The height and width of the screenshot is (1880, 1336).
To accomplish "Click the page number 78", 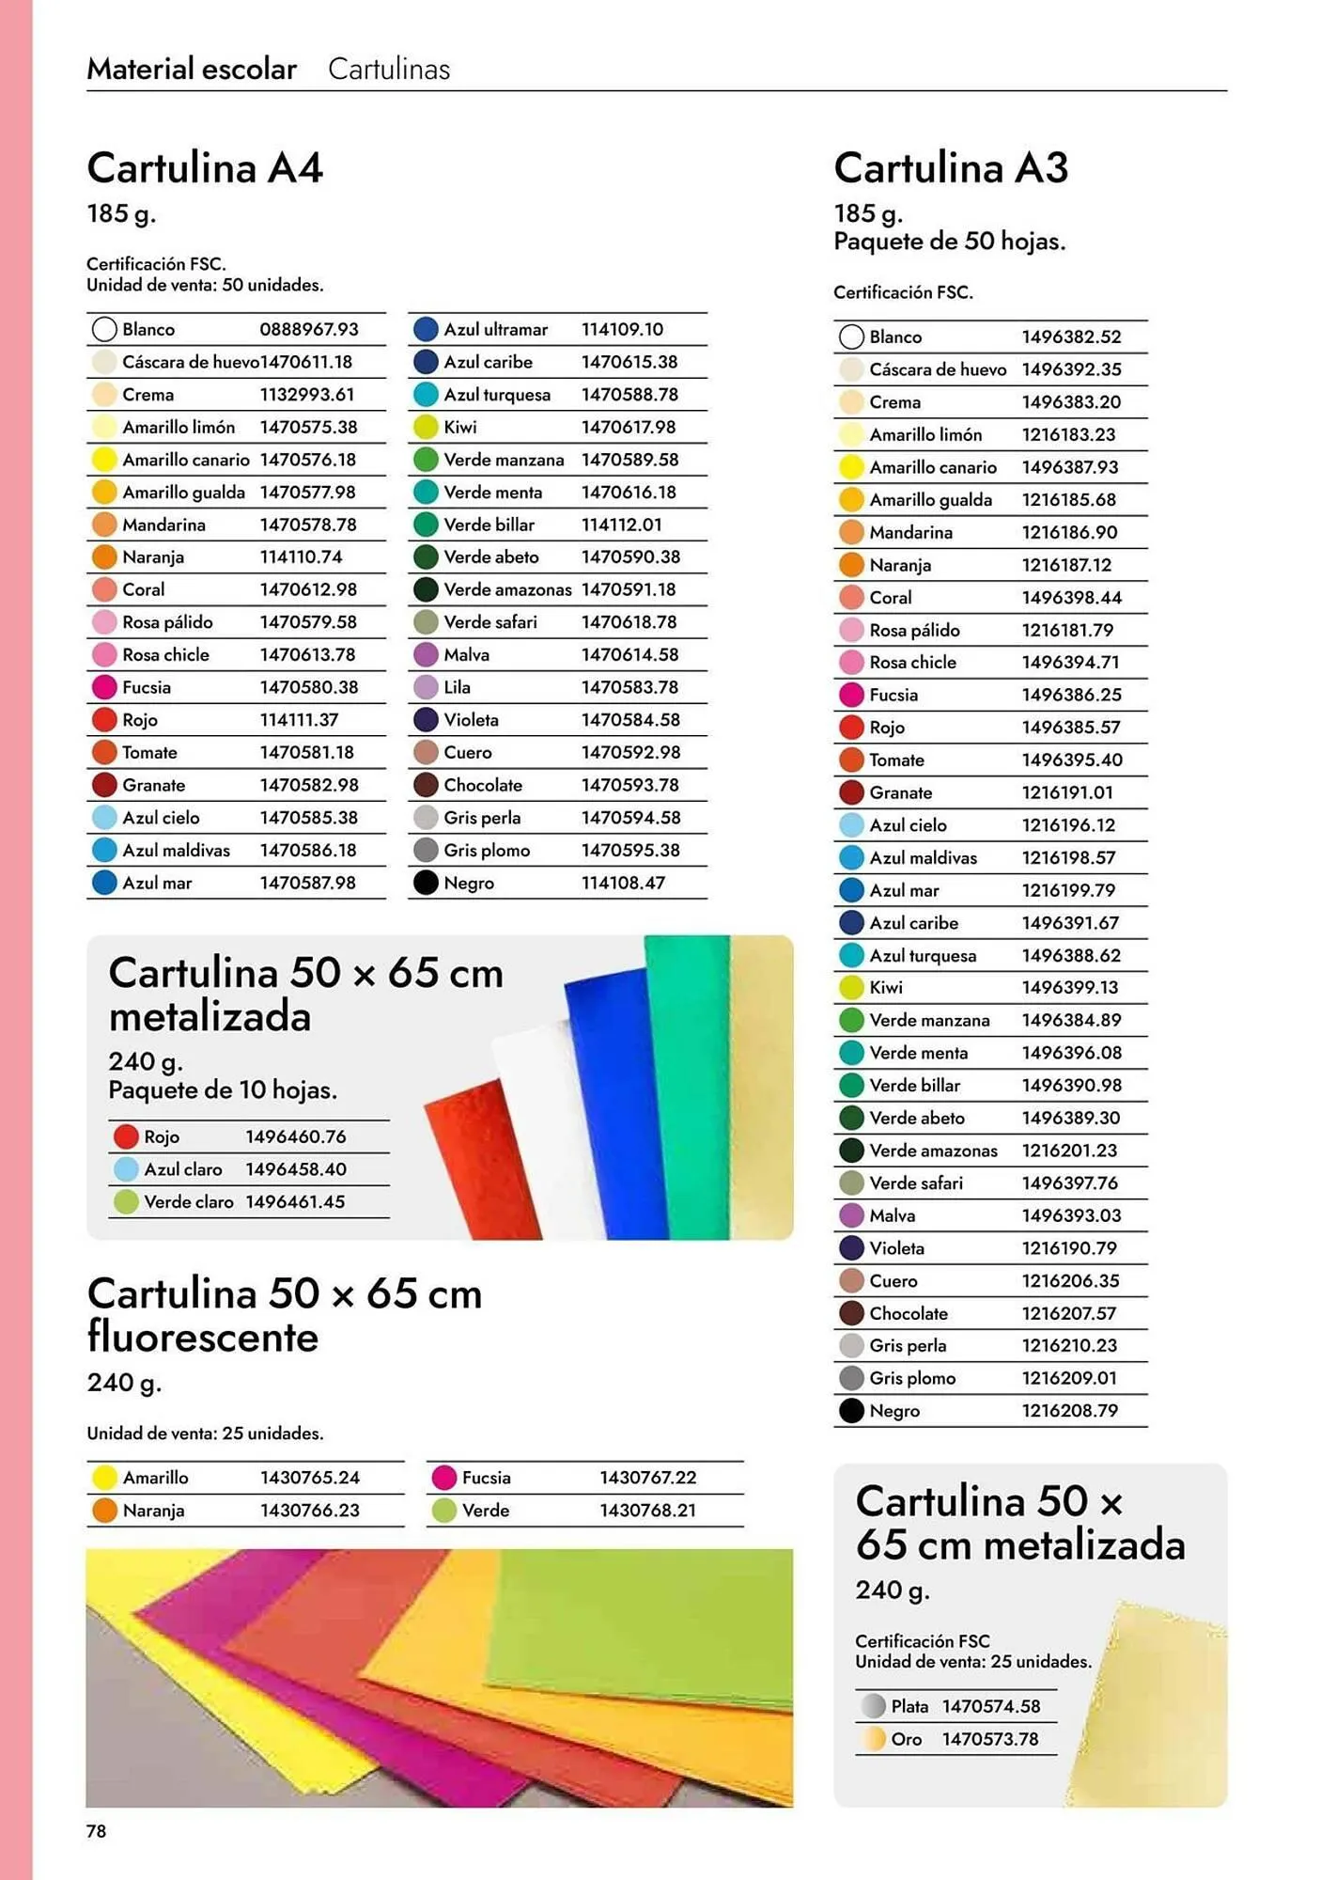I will [x=96, y=1830].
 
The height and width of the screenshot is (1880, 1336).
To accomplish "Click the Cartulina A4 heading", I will [x=205, y=168].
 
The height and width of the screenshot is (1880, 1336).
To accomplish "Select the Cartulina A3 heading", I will [x=951, y=168].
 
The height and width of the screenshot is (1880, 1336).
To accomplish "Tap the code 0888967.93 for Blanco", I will [x=309, y=329].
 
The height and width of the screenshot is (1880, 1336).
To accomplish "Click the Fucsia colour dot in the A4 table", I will [x=104, y=687].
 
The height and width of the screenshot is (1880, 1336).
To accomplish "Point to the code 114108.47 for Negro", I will [x=623, y=883].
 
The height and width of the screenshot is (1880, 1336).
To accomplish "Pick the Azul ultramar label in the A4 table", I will [x=495, y=329].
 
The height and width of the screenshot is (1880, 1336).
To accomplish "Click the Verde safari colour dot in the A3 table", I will [x=851, y=1183].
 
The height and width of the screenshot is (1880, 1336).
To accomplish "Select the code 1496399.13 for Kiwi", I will [x=1070, y=987].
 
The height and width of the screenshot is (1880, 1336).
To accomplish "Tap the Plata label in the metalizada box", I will [x=909, y=1706].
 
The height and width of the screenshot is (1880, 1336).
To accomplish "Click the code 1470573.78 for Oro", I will [x=990, y=1739].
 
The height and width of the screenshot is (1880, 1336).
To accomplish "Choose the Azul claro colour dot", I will [x=126, y=1169].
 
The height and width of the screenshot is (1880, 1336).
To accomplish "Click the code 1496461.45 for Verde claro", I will [x=295, y=1201].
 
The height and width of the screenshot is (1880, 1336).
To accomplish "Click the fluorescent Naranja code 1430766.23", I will [x=309, y=1510].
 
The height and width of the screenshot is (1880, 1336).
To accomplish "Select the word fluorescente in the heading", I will [x=203, y=1337].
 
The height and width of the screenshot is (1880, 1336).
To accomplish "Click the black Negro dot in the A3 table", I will [x=851, y=1410].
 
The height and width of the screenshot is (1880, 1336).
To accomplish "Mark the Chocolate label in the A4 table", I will [x=483, y=785].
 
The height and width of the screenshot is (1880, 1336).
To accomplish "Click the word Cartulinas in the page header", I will [x=389, y=69].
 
